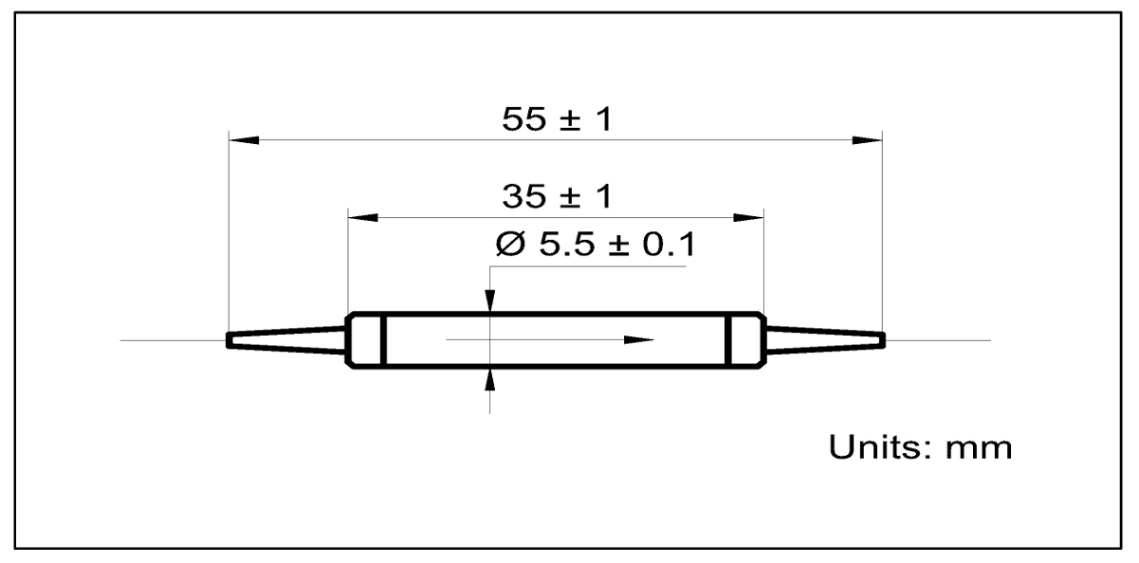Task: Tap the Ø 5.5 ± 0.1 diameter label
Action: (x=595, y=246)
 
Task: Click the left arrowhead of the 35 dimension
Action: (x=363, y=217)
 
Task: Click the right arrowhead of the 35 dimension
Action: (x=749, y=217)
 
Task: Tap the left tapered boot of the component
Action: (x=285, y=339)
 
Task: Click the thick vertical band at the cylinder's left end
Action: (x=382, y=339)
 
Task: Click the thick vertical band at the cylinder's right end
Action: (x=728, y=339)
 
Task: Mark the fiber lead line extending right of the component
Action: (x=939, y=339)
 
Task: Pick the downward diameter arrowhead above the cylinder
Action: (x=489, y=300)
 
